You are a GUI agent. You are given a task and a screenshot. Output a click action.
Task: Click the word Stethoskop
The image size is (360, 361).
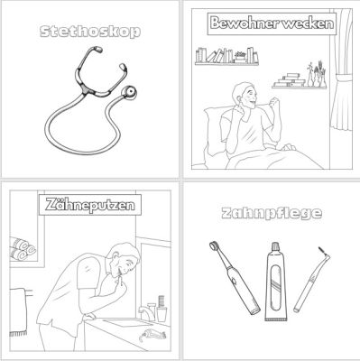90,32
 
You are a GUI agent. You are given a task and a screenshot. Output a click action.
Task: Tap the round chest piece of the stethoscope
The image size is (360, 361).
129,92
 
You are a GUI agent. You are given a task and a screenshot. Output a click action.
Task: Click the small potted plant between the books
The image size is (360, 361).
240,57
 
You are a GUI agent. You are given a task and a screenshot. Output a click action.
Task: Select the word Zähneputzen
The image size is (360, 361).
90,205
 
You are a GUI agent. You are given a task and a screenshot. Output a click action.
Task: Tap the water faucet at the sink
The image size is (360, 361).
145,313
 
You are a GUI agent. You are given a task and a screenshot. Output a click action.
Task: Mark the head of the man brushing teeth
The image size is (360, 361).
124,259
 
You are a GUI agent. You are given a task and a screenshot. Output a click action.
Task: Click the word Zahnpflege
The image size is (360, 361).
272,213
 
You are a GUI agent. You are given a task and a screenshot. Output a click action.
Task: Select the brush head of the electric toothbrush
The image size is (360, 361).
215,245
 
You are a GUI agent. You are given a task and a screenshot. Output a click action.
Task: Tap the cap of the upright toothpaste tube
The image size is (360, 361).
275,247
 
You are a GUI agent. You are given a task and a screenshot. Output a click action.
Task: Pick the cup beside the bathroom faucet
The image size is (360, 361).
162,314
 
